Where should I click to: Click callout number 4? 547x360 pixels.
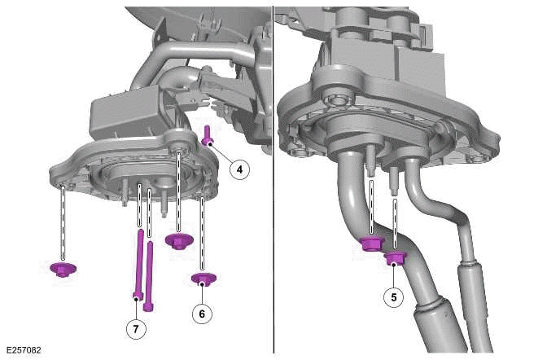[239, 169]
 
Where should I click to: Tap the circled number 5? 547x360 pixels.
[394, 296]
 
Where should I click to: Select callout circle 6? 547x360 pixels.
[202, 313]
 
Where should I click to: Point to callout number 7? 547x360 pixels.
[137, 328]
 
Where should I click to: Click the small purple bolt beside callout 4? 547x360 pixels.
[208, 136]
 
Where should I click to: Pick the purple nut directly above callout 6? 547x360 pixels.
[202, 280]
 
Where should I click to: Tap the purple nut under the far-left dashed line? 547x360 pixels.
[62, 268]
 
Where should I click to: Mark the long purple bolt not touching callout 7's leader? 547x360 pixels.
[150, 277]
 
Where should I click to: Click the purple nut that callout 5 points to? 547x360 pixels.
[395, 260]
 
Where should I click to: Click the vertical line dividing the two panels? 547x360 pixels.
[273, 179]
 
